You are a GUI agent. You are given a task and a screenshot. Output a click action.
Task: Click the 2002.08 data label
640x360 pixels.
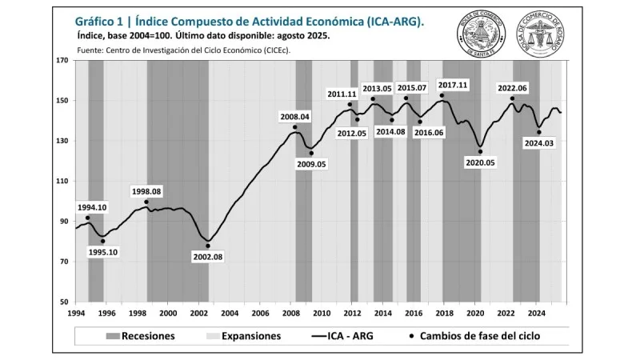(208, 257)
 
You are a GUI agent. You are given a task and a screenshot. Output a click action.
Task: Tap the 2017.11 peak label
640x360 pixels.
(453, 85)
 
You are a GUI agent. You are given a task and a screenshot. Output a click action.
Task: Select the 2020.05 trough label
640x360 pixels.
(481, 162)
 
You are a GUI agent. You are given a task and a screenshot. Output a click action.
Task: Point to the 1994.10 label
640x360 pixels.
(92, 207)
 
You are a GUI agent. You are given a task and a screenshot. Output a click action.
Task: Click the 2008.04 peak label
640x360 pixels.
(294, 117)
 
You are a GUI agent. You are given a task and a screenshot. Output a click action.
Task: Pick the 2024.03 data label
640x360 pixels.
(538, 143)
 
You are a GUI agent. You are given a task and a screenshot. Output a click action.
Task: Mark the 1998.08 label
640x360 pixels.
(146, 191)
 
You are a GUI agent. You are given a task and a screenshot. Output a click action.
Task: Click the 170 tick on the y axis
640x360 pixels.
(63, 61)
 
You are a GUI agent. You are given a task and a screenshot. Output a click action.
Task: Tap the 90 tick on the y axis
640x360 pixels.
(66, 222)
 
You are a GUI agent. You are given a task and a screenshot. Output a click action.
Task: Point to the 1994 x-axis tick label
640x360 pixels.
(77, 313)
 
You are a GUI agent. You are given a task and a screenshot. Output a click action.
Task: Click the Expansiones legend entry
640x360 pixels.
(244, 336)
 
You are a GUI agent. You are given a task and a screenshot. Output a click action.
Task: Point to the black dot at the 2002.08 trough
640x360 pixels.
(207, 246)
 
